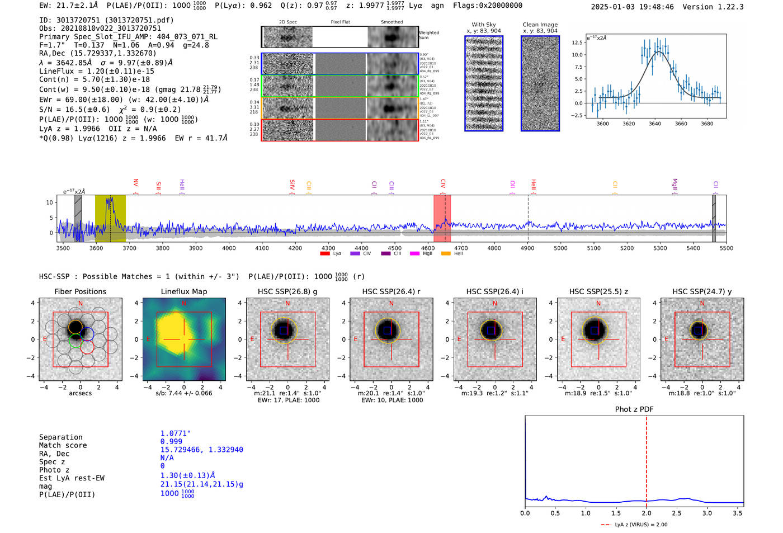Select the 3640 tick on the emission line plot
(655, 124)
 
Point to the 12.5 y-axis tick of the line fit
(577, 43)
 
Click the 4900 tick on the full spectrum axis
(527, 248)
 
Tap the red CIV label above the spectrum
(443, 183)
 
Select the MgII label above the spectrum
(674, 184)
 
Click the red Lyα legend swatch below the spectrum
(324, 254)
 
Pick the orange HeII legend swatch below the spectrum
(446, 254)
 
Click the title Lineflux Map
(183, 291)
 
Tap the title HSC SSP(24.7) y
(702, 291)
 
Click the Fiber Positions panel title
(80, 291)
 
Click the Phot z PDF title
(634, 409)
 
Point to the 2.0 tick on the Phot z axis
(646, 513)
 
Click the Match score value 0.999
(171, 441)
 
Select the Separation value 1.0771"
(176, 433)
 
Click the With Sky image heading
(484, 25)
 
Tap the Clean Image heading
(540, 25)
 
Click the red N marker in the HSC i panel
(495, 304)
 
